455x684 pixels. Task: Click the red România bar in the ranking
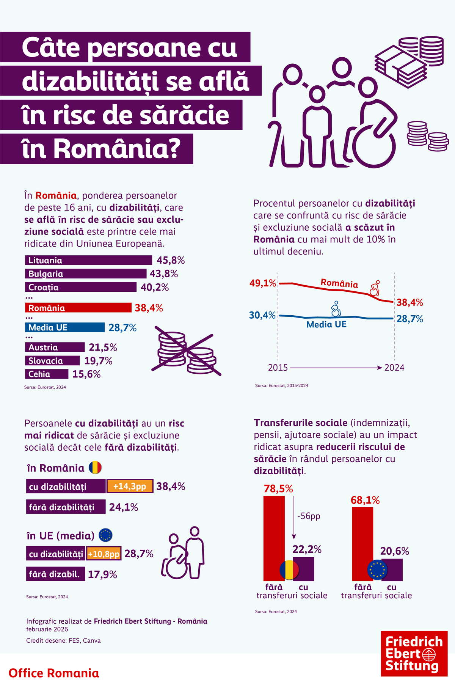tap(78, 308)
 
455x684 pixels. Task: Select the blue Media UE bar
tap(64, 327)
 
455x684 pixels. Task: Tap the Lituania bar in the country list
tap(88, 260)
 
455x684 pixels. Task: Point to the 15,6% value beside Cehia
tap(86, 374)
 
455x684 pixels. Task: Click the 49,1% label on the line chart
tap(262, 283)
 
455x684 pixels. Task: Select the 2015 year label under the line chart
tap(278, 368)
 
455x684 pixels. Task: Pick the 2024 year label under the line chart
tap(394, 368)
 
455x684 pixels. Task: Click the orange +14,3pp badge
tap(130, 486)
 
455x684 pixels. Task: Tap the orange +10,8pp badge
tap(104, 554)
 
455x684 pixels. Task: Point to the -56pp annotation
tap(309, 516)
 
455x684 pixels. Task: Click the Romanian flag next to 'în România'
tap(95, 468)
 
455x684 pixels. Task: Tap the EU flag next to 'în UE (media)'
tap(105, 535)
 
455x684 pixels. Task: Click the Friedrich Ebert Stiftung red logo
tap(414, 654)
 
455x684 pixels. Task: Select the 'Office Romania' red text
tap(53, 673)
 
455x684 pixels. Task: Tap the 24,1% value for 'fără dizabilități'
tap(124, 507)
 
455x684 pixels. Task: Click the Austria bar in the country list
tap(55, 347)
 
